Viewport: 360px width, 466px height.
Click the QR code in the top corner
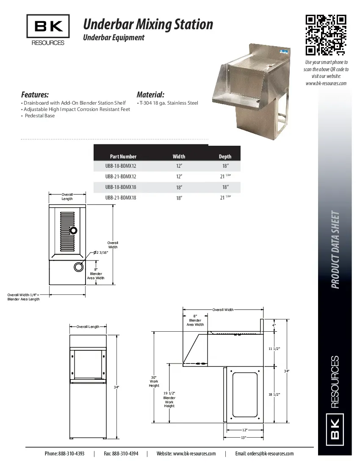326,35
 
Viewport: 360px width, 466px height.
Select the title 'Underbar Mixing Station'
148,24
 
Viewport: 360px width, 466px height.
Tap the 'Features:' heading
35,94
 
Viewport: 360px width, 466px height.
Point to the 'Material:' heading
150,94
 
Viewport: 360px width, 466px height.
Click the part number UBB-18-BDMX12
121,166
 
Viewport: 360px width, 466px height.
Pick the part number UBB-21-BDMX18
121,198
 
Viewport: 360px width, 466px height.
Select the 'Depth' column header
225,156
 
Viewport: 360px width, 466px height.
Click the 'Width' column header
179,156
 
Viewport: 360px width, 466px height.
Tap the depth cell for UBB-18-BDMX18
225,187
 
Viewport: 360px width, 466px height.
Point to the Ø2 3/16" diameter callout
101,252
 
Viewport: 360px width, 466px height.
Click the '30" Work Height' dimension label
154,381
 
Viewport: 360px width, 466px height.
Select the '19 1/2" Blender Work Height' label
169,399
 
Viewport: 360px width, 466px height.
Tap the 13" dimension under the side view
244,437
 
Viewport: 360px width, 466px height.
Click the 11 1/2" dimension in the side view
274,348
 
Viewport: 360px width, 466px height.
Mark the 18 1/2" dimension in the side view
274,394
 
